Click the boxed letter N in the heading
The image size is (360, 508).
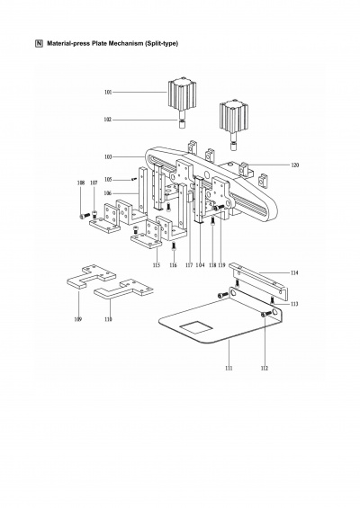coord(39,43)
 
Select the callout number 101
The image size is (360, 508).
coord(108,93)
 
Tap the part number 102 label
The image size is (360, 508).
coord(108,120)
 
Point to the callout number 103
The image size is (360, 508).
coord(108,157)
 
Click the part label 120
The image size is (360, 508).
coord(295,165)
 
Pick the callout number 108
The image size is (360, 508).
coord(81,183)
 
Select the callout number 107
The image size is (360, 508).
coord(94,183)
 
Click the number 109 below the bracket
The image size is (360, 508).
coord(77,319)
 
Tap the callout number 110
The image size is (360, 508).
coord(108,319)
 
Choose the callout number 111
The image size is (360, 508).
coord(229,368)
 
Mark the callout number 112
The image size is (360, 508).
coord(265,368)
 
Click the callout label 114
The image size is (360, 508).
coord(294,272)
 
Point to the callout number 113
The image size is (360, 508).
coord(294,304)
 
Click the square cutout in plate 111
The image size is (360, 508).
coord(196,327)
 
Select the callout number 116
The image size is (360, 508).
coord(174,265)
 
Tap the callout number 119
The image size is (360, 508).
coord(221,265)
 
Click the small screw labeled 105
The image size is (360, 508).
coord(133,179)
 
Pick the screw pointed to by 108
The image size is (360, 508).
coord(85,215)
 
